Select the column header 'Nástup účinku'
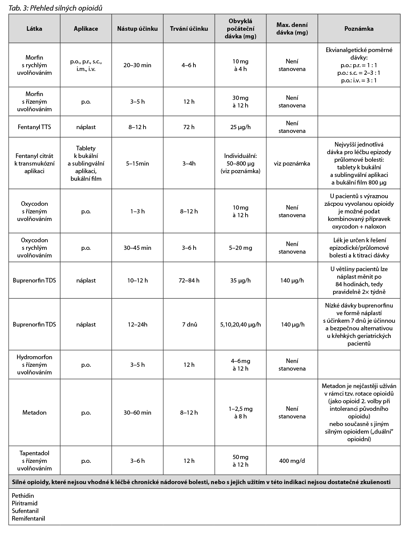coord(137,28)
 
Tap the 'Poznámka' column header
coord(359,28)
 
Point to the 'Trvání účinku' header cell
coord(189,28)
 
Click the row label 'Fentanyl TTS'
coord(34,127)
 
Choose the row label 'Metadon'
coord(34,412)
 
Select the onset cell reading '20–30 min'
coord(137,65)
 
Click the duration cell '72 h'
coord(189,127)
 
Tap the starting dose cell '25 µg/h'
coord(240,127)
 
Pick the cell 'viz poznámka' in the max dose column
coord(292,163)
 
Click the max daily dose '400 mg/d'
coord(292,461)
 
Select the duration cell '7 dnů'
coord(189,324)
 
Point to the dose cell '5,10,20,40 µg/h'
coord(240,324)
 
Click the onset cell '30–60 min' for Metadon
coord(137,412)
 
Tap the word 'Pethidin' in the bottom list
coord(23,496)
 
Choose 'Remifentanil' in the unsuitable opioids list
coord(28,518)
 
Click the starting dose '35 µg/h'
coord(240,280)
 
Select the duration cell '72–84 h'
coord(189,280)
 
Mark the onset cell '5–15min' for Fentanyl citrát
coord(137,163)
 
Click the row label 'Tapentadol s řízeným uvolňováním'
coord(34,461)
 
